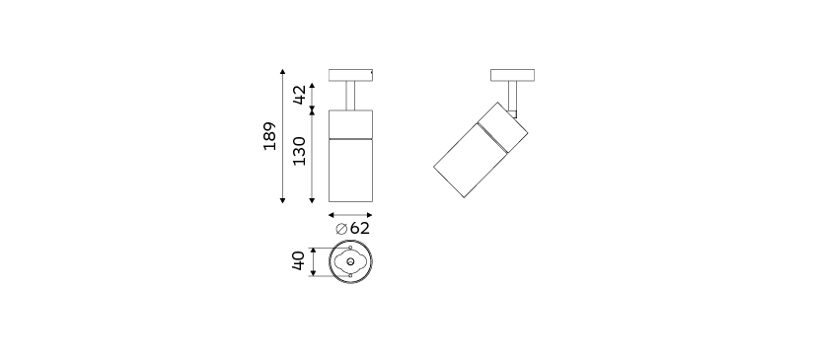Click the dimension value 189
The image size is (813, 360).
pos(269,136)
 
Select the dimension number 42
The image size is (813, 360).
pos(299,95)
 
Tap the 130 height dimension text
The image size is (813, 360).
pos(299,151)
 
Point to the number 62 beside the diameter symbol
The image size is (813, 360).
pos(360,228)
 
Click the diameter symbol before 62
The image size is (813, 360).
pos(341,229)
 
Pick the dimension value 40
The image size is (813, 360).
pos(299,260)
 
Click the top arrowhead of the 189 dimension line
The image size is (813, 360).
pos(282,71)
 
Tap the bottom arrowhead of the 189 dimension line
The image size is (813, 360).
pos(282,200)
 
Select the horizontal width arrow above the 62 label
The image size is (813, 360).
pos(350,215)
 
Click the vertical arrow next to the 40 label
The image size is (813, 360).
pos(313,262)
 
